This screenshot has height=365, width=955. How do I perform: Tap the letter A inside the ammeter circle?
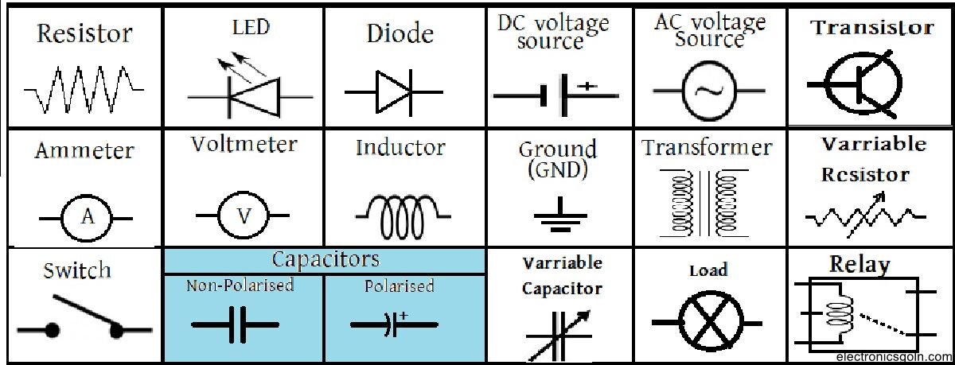tap(88, 216)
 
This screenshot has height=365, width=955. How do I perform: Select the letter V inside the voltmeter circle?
tap(245, 216)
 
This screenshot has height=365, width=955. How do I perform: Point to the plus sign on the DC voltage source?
tap(587, 85)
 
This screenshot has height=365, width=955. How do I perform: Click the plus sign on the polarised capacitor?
tap(403, 316)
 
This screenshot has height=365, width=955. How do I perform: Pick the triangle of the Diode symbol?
tap(392, 91)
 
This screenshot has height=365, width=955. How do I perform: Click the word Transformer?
tap(707, 148)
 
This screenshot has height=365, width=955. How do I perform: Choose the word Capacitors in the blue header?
tap(325, 260)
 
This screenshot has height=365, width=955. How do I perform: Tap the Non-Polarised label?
tap(240, 285)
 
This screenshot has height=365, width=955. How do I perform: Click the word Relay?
tap(859, 265)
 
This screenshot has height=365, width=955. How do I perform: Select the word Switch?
tap(76, 271)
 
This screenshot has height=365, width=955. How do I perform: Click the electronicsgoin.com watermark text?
tap(893, 358)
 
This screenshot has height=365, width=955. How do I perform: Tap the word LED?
tap(251, 27)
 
